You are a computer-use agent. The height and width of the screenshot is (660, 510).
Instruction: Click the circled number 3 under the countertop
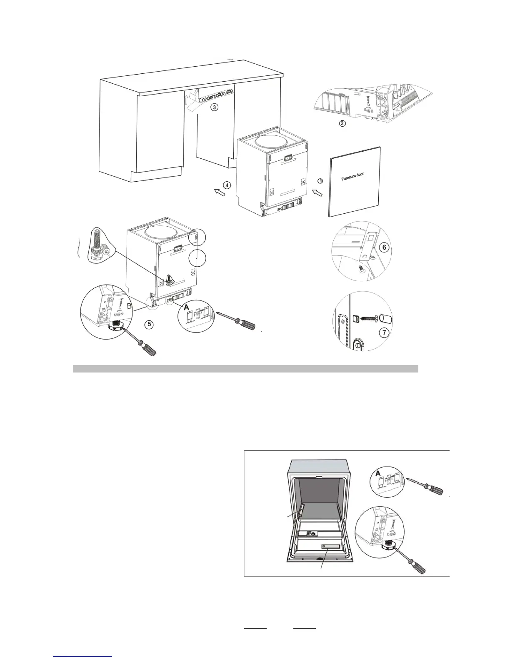point(213,107)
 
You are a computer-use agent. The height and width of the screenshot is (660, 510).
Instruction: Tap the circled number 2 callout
point(342,123)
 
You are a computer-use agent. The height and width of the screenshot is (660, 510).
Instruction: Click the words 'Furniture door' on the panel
point(352,177)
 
